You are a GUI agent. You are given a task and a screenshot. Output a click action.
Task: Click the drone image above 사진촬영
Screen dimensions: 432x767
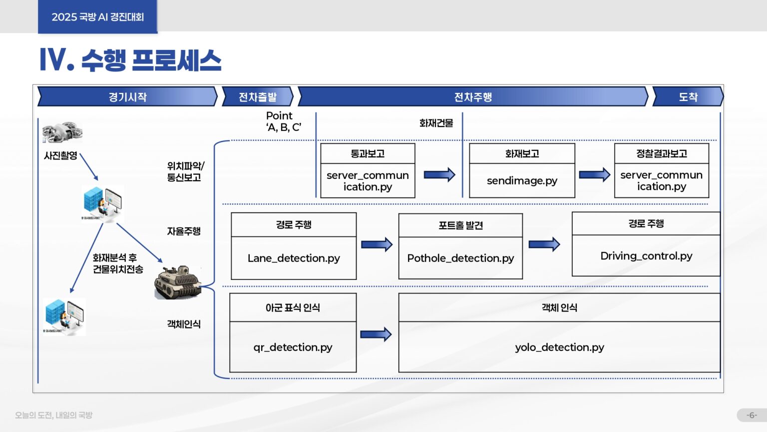point(62,132)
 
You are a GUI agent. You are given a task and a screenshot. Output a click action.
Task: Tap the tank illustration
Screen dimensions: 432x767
point(178,283)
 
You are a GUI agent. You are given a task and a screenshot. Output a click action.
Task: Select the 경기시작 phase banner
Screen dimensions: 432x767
point(128,97)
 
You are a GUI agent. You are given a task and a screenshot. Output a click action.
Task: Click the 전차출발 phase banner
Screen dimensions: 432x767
point(258,97)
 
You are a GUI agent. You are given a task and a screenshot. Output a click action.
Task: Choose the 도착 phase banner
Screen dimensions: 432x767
point(688,97)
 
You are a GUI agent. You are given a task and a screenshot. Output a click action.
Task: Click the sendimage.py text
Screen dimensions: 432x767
point(522,180)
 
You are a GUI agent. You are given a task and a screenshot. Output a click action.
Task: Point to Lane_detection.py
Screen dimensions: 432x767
point(294,258)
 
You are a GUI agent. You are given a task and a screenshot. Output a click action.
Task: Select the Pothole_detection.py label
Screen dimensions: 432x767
point(460,258)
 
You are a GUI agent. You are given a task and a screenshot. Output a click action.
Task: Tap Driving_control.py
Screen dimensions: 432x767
point(646,256)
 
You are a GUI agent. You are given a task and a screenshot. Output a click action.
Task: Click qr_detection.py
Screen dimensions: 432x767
point(293,347)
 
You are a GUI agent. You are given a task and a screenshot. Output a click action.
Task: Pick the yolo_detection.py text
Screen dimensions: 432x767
point(559,347)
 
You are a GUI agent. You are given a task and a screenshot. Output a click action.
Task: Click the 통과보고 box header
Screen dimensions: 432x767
point(368,153)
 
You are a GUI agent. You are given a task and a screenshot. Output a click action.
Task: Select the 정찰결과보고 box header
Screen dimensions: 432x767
point(662,153)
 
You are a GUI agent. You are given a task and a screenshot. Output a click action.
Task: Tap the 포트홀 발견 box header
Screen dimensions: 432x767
point(460,225)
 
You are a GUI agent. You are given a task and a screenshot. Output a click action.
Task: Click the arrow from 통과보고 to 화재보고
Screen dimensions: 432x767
point(439,174)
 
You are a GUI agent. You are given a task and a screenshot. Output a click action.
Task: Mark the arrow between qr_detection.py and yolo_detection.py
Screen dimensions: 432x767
point(376,334)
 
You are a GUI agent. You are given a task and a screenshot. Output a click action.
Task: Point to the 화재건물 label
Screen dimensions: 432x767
point(436,123)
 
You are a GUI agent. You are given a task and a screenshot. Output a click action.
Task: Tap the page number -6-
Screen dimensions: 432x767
point(752,415)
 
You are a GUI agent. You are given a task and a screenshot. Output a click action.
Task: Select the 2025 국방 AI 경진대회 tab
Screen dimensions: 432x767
point(98,17)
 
